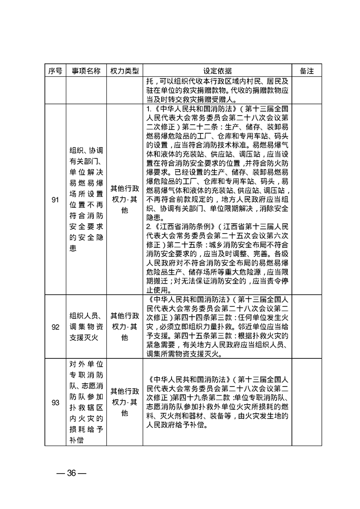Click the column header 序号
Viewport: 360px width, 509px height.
55,71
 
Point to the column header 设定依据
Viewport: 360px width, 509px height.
217,71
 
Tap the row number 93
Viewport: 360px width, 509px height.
55,402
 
